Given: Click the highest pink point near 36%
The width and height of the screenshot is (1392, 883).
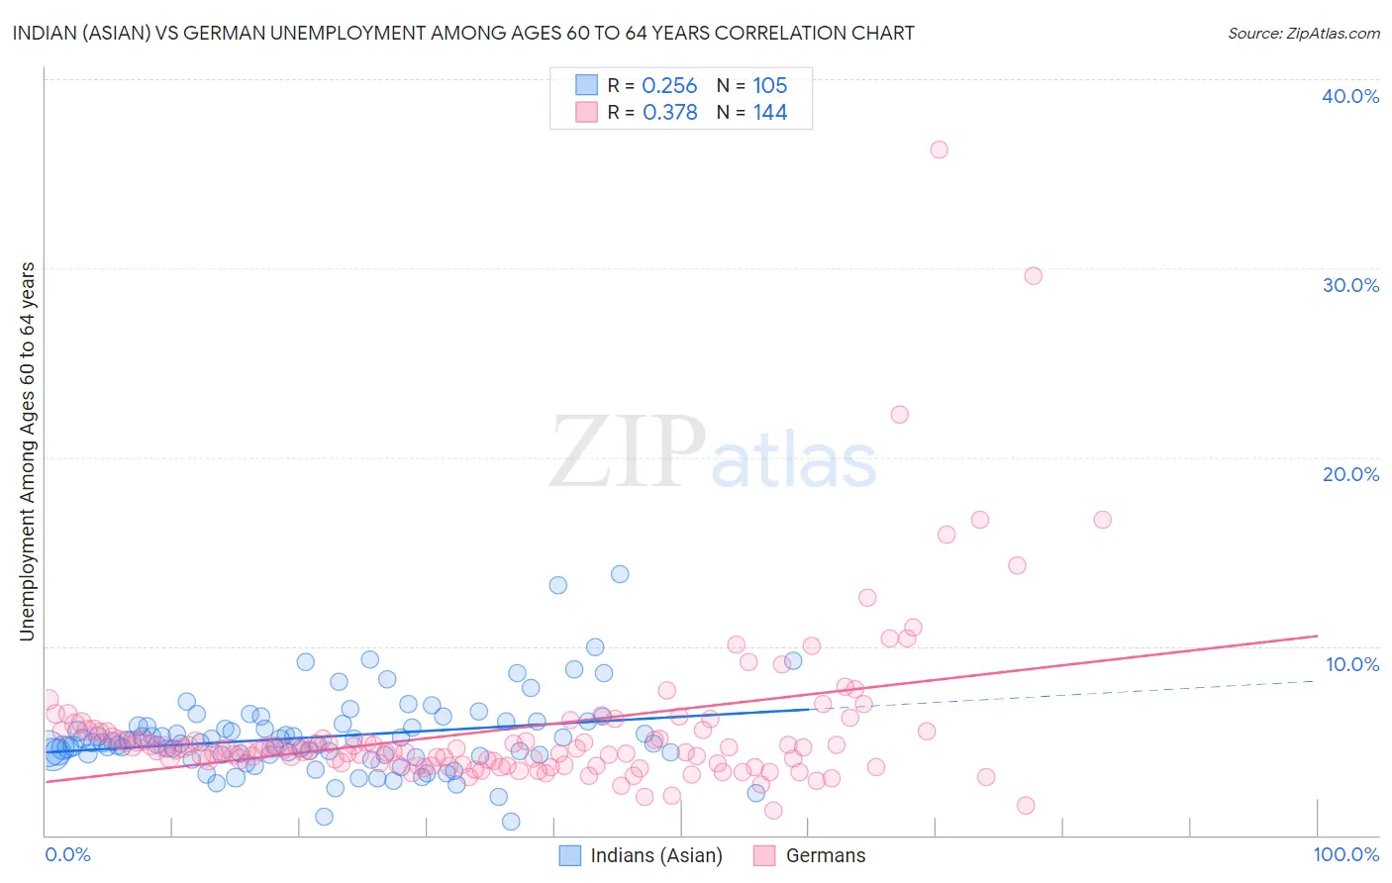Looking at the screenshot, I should coord(939,149).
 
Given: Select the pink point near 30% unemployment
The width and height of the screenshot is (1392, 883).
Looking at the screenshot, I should coord(1033,276).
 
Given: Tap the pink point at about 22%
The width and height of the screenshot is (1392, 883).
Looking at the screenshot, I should coord(899,415).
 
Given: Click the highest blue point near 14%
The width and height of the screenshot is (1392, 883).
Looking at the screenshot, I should coord(620,574).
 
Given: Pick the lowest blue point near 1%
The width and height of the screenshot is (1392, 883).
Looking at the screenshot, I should coord(511,822).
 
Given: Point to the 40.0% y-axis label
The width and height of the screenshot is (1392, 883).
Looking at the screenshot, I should coord(1350,96).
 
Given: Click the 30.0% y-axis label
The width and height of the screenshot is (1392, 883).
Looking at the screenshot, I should coord(1350,285).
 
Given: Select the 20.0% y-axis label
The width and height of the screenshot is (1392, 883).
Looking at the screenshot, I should coord(1350,474).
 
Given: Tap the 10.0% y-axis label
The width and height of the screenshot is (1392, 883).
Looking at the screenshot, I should coord(1351,664).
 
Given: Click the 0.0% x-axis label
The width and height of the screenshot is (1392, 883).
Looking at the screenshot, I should coord(67,854).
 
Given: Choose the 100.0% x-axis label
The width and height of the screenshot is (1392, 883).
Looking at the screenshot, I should coord(1345,854).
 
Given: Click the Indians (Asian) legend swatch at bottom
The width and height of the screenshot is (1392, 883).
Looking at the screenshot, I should coord(569,855).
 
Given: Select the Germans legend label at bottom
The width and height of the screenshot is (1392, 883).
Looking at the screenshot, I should coord(825,855).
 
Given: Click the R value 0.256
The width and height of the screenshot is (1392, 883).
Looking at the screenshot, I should coord(669,86).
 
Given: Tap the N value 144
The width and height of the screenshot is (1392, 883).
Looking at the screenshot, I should coord(769,113).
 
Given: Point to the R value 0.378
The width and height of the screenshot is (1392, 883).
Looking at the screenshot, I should coord(669,113).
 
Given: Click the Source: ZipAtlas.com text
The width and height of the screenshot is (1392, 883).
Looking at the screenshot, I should coord(1303,33).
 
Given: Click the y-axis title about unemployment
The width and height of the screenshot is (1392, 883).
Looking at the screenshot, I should coord(28,451).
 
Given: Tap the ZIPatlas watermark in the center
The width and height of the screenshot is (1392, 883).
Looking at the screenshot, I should coord(713,452).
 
